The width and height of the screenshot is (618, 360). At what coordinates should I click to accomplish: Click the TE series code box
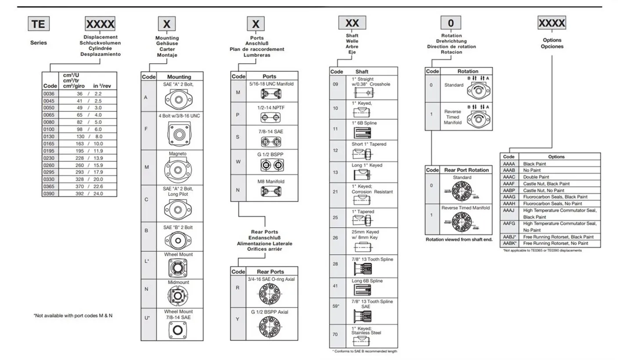click(x=38, y=23)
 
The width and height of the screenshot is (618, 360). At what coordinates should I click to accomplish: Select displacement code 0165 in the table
click(x=49, y=144)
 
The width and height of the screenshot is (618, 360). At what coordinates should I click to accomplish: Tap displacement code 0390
click(x=49, y=193)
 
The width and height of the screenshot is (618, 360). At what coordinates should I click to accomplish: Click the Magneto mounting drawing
click(x=178, y=169)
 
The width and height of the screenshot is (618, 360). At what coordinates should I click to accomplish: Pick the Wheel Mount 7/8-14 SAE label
click(x=178, y=314)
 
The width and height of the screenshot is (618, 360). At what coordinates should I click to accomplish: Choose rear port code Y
click(x=238, y=319)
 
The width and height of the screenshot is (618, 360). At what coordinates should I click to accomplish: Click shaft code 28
click(x=336, y=265)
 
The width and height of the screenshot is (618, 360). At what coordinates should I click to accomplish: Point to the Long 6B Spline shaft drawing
click(x=362, y=290)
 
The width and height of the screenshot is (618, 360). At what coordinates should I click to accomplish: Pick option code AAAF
click(x=509, y=184)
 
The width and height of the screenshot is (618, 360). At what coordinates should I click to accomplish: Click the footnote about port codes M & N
click(x=73, y=315)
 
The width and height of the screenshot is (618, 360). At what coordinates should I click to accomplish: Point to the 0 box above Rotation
click(x=451, y=22)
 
